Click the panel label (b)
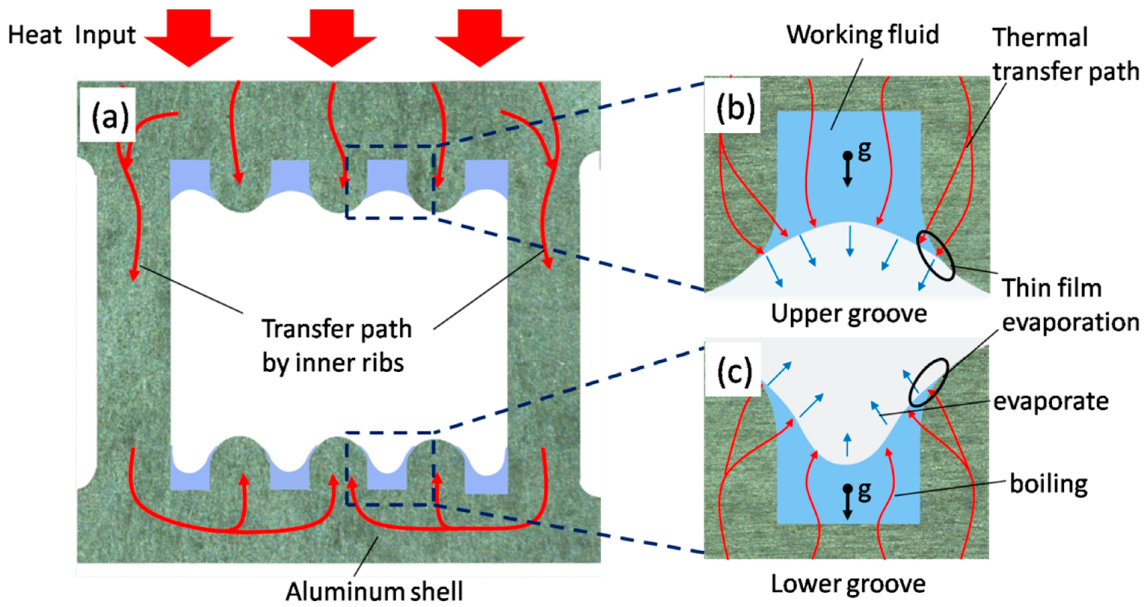[x=735, y=108]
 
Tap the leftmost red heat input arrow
[x=189, y=38]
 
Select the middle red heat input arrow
[x=332, y=38]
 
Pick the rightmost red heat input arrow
[x=479, y=38]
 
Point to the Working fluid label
[x=862, y=35]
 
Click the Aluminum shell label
[x=374, y=591]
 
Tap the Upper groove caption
[x=849, y=314]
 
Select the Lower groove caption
[x=848, y=584]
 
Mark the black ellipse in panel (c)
[x=928, y=382]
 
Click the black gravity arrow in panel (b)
[x=847, y=171]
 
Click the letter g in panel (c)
[x=864, y=491]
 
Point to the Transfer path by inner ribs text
[x=336, y=346]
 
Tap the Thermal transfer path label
[x=1065, y=54]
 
